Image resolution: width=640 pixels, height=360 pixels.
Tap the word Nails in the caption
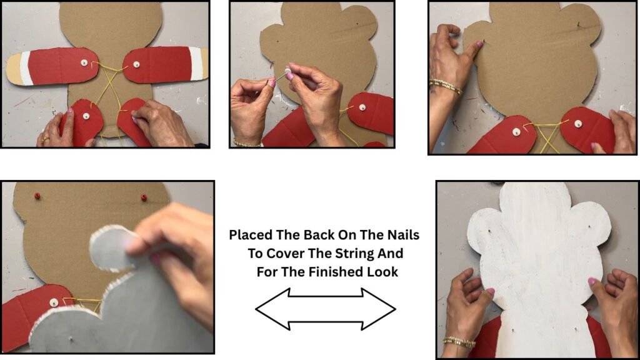click(x=401, y=235)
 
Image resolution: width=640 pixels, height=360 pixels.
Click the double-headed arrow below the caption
click(x=325, y=309)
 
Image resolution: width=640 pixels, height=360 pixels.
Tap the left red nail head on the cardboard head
click(x=37, y=196)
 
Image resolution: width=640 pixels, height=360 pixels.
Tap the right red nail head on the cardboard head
click(x=144, y=197)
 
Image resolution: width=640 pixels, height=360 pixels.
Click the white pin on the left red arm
click(x=84, y=62)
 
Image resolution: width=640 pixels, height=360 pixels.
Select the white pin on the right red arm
click(x=136, y=64)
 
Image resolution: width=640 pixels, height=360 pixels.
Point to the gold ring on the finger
click(x=44, y=139)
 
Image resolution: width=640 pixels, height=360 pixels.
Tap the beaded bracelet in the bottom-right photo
click(x=459, y=342)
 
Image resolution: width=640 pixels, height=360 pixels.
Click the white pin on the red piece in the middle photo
click(x=362, y=107)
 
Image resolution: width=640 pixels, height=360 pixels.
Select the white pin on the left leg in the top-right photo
click(x=516, y=132)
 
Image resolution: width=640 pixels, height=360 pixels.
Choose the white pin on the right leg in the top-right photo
click(x=578, y=124)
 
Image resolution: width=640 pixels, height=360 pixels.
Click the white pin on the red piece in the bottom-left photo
click(x=54, y=302)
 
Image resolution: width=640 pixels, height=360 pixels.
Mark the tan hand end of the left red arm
click(x=15, y=69)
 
